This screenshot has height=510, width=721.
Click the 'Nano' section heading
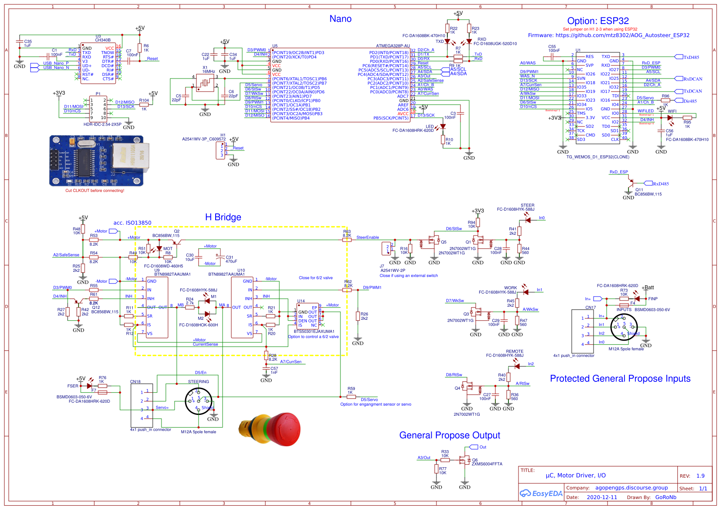point(340,19)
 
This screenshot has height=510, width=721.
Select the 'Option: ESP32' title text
point(598,21)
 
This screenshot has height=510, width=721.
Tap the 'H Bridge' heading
point(223,217)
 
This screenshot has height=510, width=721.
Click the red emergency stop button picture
point(271,430)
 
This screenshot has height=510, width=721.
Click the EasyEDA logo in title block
point(541,493)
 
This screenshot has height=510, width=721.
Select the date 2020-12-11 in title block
point(602,497)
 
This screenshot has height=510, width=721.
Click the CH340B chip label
point(103,40)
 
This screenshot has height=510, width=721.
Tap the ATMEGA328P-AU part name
point(393,46)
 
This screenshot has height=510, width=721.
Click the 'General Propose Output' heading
point(450,435)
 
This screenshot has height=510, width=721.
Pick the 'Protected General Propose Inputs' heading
point(620,379)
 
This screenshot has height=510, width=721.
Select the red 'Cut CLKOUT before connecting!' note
point(95,191)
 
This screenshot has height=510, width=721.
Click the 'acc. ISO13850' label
point(132,223)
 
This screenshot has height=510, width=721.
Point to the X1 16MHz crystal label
point(208,70)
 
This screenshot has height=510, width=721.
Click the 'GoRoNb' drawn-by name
point(666,497)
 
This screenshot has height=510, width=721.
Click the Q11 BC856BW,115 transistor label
point(648,192)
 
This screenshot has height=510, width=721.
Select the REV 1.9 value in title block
point(700,476)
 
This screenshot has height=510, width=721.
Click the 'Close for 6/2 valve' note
point(316,278)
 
